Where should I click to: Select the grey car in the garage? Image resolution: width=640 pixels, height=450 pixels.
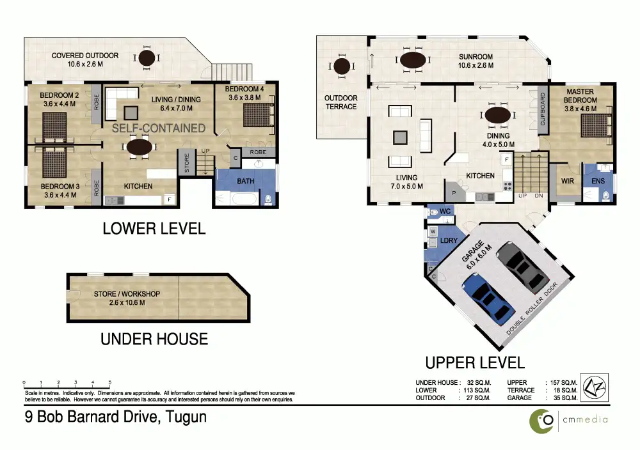[522, 267]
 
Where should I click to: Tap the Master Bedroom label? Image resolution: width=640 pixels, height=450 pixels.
[580, 100]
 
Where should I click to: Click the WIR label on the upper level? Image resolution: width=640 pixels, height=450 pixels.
[567, 181]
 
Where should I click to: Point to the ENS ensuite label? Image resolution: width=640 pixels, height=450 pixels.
[598, 181]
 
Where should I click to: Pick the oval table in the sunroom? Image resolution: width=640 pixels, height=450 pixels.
[413, 60]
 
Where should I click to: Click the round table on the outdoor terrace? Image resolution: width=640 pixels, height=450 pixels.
[342, 66]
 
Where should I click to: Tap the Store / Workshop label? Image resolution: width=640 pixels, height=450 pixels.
[127, 298]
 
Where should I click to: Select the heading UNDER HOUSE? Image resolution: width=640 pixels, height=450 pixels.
[154, 339]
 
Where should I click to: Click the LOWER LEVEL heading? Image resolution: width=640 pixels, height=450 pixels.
[154, 229]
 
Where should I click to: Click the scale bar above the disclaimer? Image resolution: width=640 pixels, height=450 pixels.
[67, 384]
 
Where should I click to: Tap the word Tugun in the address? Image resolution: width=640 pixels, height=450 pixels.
[186, 417]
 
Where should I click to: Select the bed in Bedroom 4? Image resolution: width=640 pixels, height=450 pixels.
[259, 115]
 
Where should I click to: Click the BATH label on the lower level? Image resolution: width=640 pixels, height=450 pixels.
[246, 181]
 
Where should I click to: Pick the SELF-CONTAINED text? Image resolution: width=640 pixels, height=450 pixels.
[159, 128]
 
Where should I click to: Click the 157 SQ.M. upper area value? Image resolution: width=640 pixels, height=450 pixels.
[564, 383]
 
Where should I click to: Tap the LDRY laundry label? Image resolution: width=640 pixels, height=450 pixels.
[449, 240]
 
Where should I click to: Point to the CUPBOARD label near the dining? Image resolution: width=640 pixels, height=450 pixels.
[543, 109]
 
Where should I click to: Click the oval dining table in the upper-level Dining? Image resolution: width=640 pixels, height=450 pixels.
[497, 115]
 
